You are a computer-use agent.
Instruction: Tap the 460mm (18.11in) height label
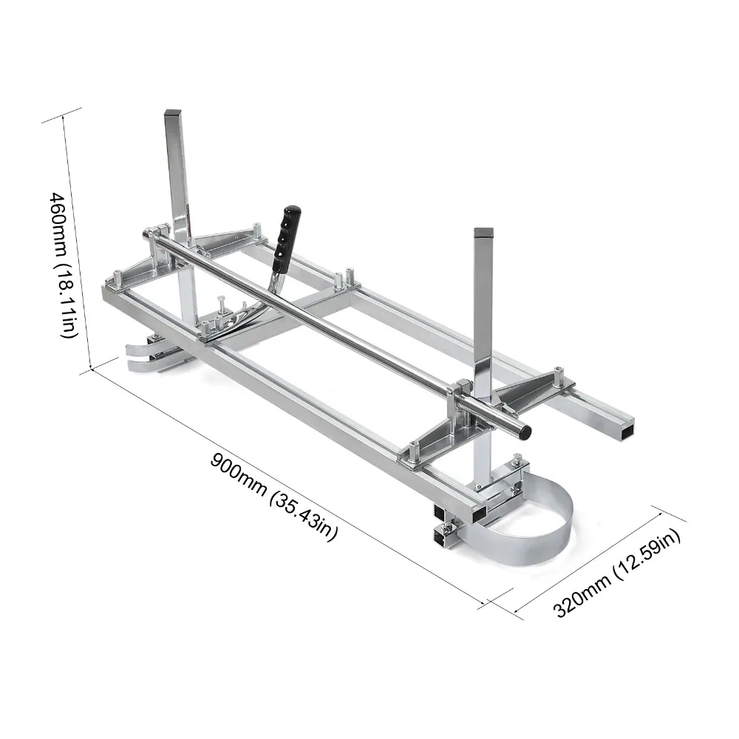point(62,265)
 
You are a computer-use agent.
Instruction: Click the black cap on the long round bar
point(524,431)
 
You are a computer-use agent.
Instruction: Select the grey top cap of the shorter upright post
point(483,232)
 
